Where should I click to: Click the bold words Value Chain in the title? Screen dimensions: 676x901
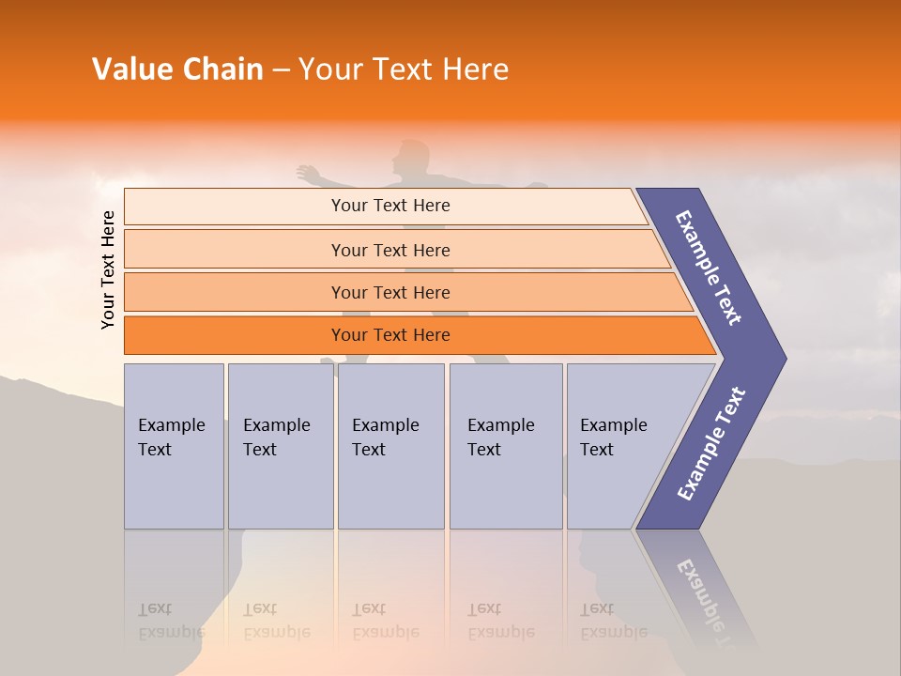pyautogui.click(x=177, y=69)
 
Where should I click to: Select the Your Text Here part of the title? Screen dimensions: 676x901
pyautogui.click(x=404, y=69)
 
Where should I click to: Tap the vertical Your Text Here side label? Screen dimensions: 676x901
pyautogui.click(x=108, y=269)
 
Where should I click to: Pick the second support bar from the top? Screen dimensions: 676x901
pyautogui.click(x=389, y=250)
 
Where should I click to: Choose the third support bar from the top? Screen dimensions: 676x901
pyautogui.click(x=389, y=292)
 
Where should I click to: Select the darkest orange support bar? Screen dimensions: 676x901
pyautogui.click(x=389, y=335)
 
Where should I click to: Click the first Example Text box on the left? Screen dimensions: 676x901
pyautogui.click(x=174, y=446)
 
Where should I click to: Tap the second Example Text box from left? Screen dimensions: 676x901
pyautogui.click(x=280, y=446)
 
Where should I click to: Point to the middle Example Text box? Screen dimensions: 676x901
pyautogui.click(x=390, y=446)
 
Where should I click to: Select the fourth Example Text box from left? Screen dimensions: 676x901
pyautogui.click(x=506, y=446)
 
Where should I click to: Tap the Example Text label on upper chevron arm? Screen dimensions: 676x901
pyautogui.click(x=709, y=268)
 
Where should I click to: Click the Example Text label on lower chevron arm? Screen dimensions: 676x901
pyautogui.click(x=710, y=444)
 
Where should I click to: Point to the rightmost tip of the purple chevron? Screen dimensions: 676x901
pyautogui.click(x=785, y=359)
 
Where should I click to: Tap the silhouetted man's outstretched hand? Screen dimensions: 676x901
pyautogui.click(x=306, y=173)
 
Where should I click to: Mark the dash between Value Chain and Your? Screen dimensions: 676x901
pyautogui.click(x=281, y=70)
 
